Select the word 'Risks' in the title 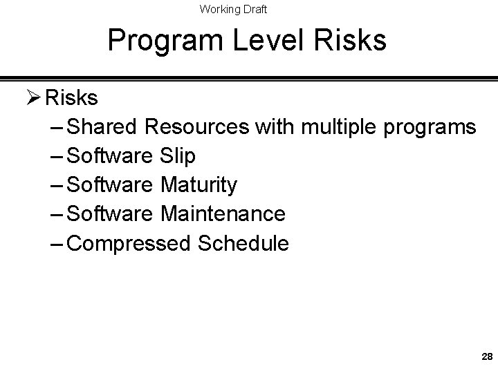(x=351, y=41)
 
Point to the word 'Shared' (x=107, y=127)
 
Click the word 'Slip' (x=178, y=157)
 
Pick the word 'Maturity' (x=199, y=186)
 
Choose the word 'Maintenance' (x=223, y=214)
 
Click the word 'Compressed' (x=131, y=244)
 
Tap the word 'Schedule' (x=244, y=243)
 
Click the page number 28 (x=486, y=357)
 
